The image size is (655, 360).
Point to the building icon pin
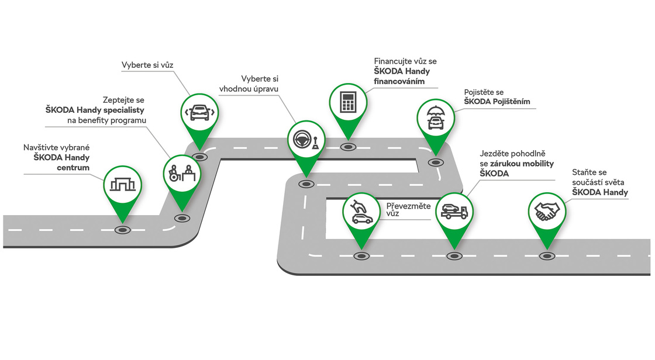pos(123,184)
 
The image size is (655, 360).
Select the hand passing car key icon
pos(361,211)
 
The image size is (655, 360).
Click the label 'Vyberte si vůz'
pos(148,64)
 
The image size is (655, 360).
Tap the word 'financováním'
pos(399,82)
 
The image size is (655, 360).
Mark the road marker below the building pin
pos(122,230)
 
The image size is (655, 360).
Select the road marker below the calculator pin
pos(349,147)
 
